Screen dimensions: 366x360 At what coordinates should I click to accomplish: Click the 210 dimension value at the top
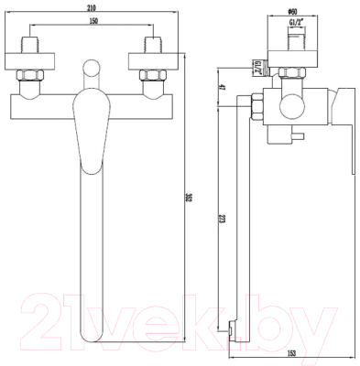[89, 8]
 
